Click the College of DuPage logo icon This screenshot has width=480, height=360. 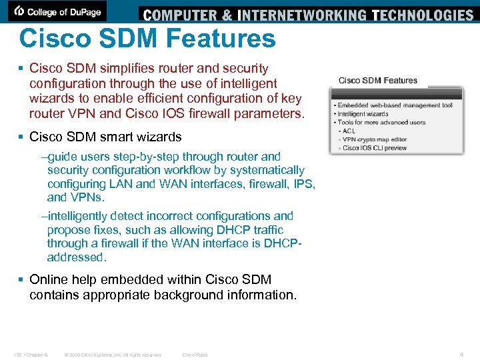(x=20, y=11)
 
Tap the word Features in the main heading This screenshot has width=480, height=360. (x=220, y=39)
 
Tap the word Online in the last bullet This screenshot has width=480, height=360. (x=49, y=279)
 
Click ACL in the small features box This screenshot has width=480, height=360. (x=349, y=131)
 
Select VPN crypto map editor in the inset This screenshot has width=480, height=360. (x=374, y=139)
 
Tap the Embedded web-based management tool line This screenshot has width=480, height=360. (x=395, y=105)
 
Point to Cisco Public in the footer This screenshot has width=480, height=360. (x=195, y=355)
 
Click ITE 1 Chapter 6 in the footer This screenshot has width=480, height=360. (x=31, y=355)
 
